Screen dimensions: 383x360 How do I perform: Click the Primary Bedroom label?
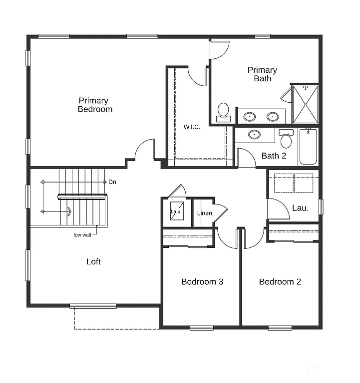click(x=95, y=105)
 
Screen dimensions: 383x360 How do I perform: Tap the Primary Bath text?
click(x=262, y=74)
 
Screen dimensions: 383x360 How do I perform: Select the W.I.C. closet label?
click(x=192, y=127)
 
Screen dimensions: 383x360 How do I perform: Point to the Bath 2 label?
click(x=274, y=156)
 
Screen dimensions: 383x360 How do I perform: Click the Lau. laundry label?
click(x=300, y=208)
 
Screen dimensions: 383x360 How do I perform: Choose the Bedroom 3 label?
click(x=202, y=282)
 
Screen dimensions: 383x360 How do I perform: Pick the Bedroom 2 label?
click(x=280, y=282)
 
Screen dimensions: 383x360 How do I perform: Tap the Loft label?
click(x=93, y=262)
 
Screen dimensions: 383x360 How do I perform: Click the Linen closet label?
click(x=205, y=213)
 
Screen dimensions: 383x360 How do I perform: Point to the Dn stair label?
click(x=112, y=182)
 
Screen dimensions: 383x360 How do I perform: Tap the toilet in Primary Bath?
click(x=223, y=112)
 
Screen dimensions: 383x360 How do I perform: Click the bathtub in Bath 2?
click(x=308, y=147)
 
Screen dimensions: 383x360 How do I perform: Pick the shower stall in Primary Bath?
click(x=305, y=105)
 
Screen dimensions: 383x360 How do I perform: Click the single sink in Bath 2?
click(x=255, y=135)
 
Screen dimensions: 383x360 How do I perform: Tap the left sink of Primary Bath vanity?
click(x=250, y=117)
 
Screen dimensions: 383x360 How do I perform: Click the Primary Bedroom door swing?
click(x=145, y=150)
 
